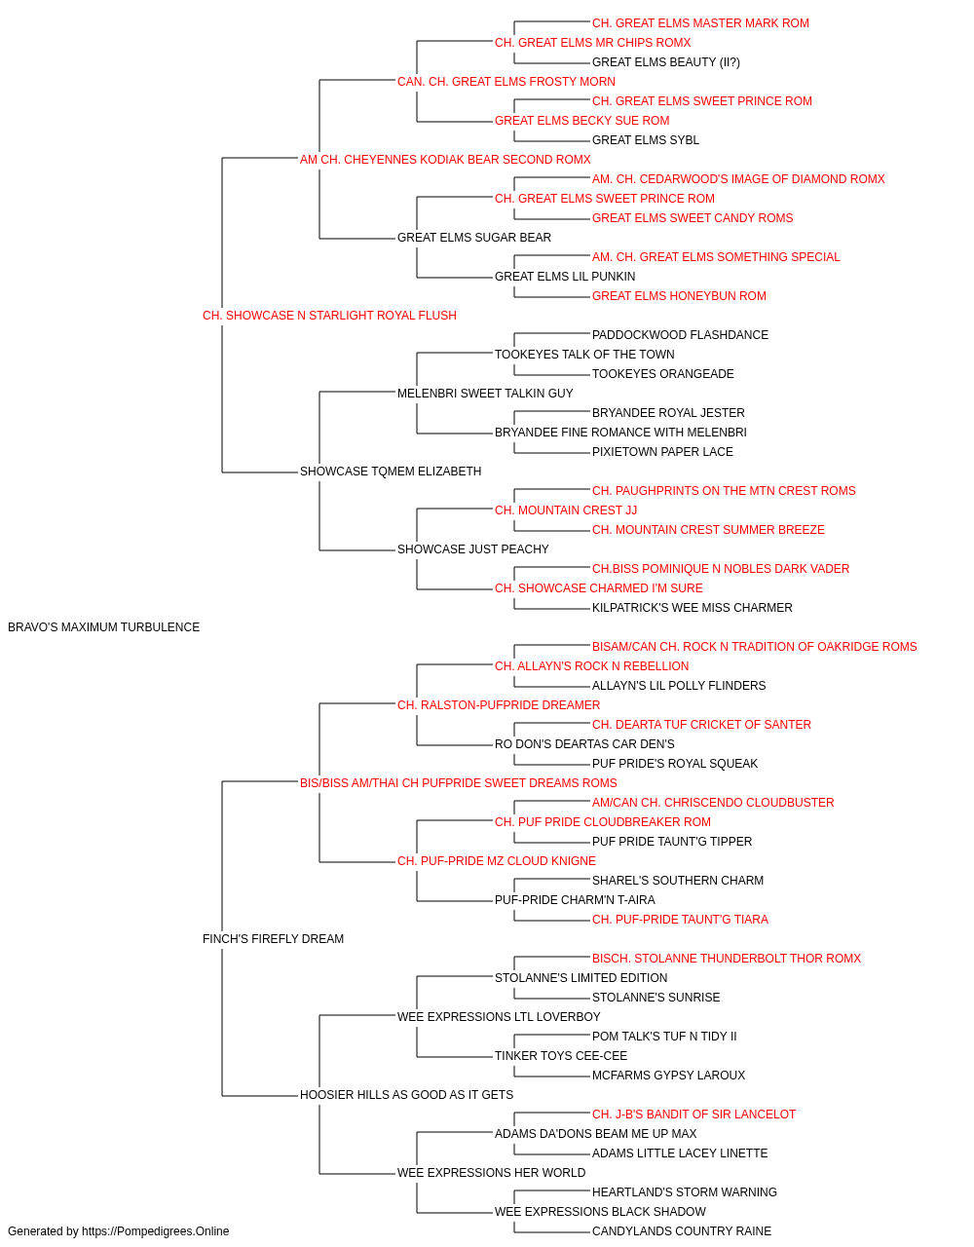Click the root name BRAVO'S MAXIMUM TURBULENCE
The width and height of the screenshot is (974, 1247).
coord(104,627)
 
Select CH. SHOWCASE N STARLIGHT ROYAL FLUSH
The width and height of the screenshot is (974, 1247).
coord(329,316)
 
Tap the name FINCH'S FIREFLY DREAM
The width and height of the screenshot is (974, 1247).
coord(273,939)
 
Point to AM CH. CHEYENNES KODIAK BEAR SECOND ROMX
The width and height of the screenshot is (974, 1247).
coord(445,160)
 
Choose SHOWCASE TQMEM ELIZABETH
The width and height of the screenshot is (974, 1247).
coord(391,472)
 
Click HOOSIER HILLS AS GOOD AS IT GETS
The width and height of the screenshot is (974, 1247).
coord(407,1094)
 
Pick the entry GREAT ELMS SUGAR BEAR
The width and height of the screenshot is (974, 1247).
coord(474,238)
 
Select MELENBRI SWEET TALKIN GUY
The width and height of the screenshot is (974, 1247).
coord(485,393)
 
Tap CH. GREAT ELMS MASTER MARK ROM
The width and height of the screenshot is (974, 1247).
coord(700,23)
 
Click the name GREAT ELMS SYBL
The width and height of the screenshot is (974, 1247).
coord(646,140)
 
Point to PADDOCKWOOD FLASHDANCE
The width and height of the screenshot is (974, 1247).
coord(680,334)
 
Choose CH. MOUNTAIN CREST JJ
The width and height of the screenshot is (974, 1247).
coord(566,510)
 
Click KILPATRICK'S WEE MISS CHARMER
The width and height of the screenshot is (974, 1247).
coord(693,608)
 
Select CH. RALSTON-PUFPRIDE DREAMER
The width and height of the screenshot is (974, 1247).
coord(499,704)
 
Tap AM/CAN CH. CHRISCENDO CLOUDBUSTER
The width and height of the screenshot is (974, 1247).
coord(713,802)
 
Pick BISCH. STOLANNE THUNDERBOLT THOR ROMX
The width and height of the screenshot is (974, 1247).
coord(727,959)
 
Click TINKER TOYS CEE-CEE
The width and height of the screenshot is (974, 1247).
coord(561,1055)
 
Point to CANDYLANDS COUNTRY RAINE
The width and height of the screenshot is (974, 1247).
coord(682,1231)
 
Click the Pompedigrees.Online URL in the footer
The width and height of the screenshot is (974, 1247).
coord(156,1231)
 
